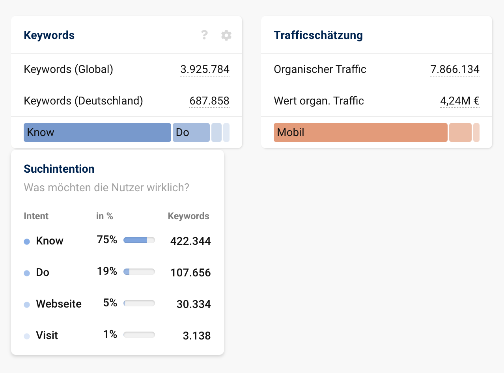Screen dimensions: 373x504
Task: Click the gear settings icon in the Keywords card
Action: tap(226, 35)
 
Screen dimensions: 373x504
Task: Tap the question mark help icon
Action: tap(204, 35)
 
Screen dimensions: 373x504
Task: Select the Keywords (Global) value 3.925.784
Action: tap(205, 69)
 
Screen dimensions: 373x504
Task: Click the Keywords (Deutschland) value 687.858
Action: tap(209, 101)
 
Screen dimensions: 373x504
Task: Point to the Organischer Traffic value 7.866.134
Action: tap(455, 69)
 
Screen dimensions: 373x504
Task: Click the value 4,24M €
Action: tap(459, 101)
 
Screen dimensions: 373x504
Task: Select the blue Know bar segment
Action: tap(97, 132)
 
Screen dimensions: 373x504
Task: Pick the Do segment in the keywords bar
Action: tap(191, 132)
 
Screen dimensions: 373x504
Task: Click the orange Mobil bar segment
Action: tap(360, 132)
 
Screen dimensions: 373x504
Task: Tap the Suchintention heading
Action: tap(59, 169)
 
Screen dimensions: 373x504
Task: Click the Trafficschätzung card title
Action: tap(318, 35)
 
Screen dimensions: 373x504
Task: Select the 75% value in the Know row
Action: tap(107, 240)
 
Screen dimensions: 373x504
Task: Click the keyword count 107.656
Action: tap(190, 272)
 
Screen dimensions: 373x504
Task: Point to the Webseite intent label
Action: tap(59, 304)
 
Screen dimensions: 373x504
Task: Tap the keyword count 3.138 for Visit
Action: tap(197, 336)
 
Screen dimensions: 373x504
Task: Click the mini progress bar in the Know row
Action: tap(139, 240)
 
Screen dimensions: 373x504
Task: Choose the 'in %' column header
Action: tap(105, 216)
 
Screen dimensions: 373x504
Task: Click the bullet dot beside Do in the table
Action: tap(27, 273)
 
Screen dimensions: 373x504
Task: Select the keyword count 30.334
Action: tap(193, 304)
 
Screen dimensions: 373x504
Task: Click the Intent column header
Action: tap(36, 216)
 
